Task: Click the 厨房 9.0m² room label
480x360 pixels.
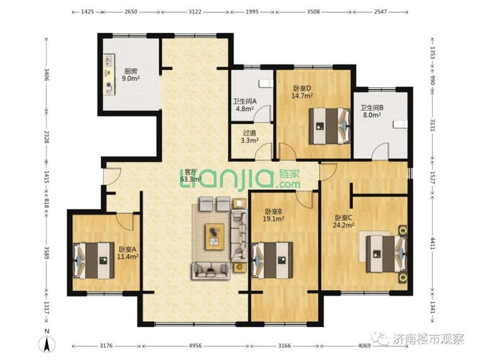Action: click(131, 75)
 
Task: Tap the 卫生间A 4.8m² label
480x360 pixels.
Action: click(245, 105)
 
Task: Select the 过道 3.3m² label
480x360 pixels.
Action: click(250, 137)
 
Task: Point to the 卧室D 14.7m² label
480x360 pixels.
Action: click(302, 92)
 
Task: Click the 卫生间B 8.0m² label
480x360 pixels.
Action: click(372, 111)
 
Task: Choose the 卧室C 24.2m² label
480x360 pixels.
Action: click(344, 221)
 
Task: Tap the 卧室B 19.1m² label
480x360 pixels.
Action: click(274, 215)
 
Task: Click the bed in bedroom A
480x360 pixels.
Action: click(93, 261)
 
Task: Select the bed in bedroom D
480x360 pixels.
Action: click(330, 125)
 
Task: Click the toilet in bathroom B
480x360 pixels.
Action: click(400, 125)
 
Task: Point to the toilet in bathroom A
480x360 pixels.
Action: click(266, 84)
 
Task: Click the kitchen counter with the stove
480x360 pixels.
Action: click(108, 75)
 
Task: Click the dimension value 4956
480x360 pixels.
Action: click(195, 346)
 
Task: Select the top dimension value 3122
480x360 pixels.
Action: click(195, 12)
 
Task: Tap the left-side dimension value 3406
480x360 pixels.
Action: click(47, 75)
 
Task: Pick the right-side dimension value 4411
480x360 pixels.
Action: click(433, 243)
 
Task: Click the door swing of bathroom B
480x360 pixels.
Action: click(381, 152)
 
